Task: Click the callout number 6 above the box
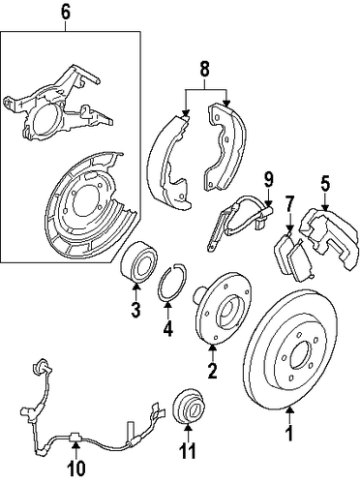(x=65, y=13)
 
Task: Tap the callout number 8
(x=205, y=69)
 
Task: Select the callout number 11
(x=188, y=451)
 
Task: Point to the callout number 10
(x=76, y=469)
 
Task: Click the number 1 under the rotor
(x=290, y=433)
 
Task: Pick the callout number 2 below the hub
(x=212, y=371)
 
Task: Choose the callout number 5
(x=325, y=184)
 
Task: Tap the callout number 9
(x=268, y=179)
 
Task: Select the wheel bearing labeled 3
(x=138, y=263)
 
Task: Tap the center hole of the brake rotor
(x=302, y=355)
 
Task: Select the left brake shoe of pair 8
(x=168, y=162)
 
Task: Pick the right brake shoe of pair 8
(x=225, y=147)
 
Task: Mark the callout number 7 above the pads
(x=289, y=205)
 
